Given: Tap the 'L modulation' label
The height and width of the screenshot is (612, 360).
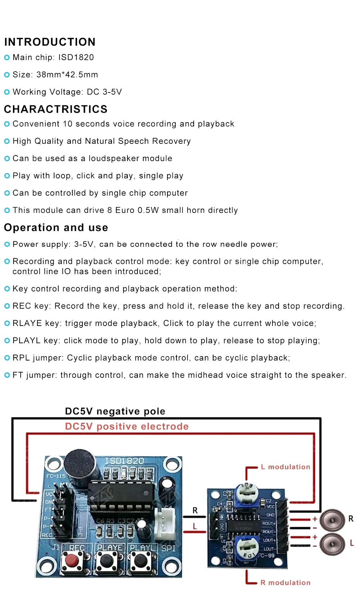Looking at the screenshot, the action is point(285,467).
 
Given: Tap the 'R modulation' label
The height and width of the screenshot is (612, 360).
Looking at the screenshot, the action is point(285,582).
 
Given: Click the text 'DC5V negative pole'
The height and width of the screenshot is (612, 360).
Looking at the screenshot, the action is point(115,411).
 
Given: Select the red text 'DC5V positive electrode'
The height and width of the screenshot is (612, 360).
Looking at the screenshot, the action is point(127,426).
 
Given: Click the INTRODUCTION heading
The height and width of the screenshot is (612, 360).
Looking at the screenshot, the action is point(50,42).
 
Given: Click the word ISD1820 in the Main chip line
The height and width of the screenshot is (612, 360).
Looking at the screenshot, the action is point(76,58).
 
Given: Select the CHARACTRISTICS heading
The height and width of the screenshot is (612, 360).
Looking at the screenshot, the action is point(56,109).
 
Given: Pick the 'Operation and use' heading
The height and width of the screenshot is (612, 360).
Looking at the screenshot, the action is point(56,227).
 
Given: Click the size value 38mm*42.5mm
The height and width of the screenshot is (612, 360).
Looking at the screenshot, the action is point(67,75).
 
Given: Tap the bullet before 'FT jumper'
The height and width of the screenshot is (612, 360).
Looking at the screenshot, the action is point(7,375).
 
